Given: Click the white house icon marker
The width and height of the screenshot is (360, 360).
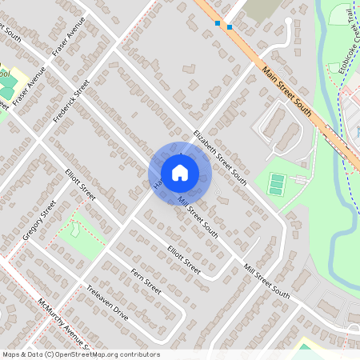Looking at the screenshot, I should (x=179, y=173).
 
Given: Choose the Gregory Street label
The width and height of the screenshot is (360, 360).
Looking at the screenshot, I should (x=39, y=221).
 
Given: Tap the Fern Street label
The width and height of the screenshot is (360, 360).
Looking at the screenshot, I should (x=146, y=282).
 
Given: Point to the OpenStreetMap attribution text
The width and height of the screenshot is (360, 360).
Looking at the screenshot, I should (x=81, y=354).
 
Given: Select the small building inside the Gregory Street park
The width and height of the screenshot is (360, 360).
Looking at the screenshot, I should (x=74, y=230).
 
